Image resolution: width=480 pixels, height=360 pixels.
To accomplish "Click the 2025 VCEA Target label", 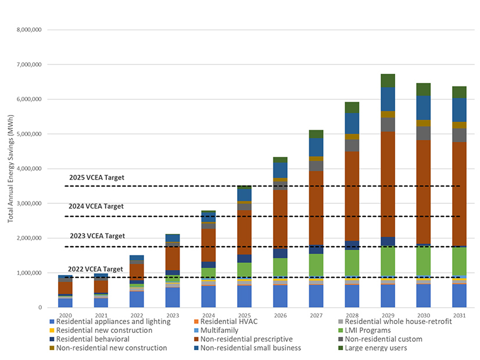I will click(96, 178).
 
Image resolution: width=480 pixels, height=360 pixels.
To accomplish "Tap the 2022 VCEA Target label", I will click(95, 269).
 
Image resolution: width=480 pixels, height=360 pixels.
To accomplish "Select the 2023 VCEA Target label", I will click(96, 236).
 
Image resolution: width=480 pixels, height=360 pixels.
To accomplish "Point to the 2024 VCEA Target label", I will click(96, 206).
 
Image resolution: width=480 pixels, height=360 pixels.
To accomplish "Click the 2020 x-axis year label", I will click(65, 316).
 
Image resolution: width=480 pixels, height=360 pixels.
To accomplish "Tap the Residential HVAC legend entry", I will click(227, 322).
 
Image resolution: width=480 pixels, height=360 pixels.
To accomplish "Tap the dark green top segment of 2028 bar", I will click(352, 107).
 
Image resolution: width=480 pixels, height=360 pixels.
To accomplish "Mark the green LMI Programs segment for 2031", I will click(459, 261).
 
